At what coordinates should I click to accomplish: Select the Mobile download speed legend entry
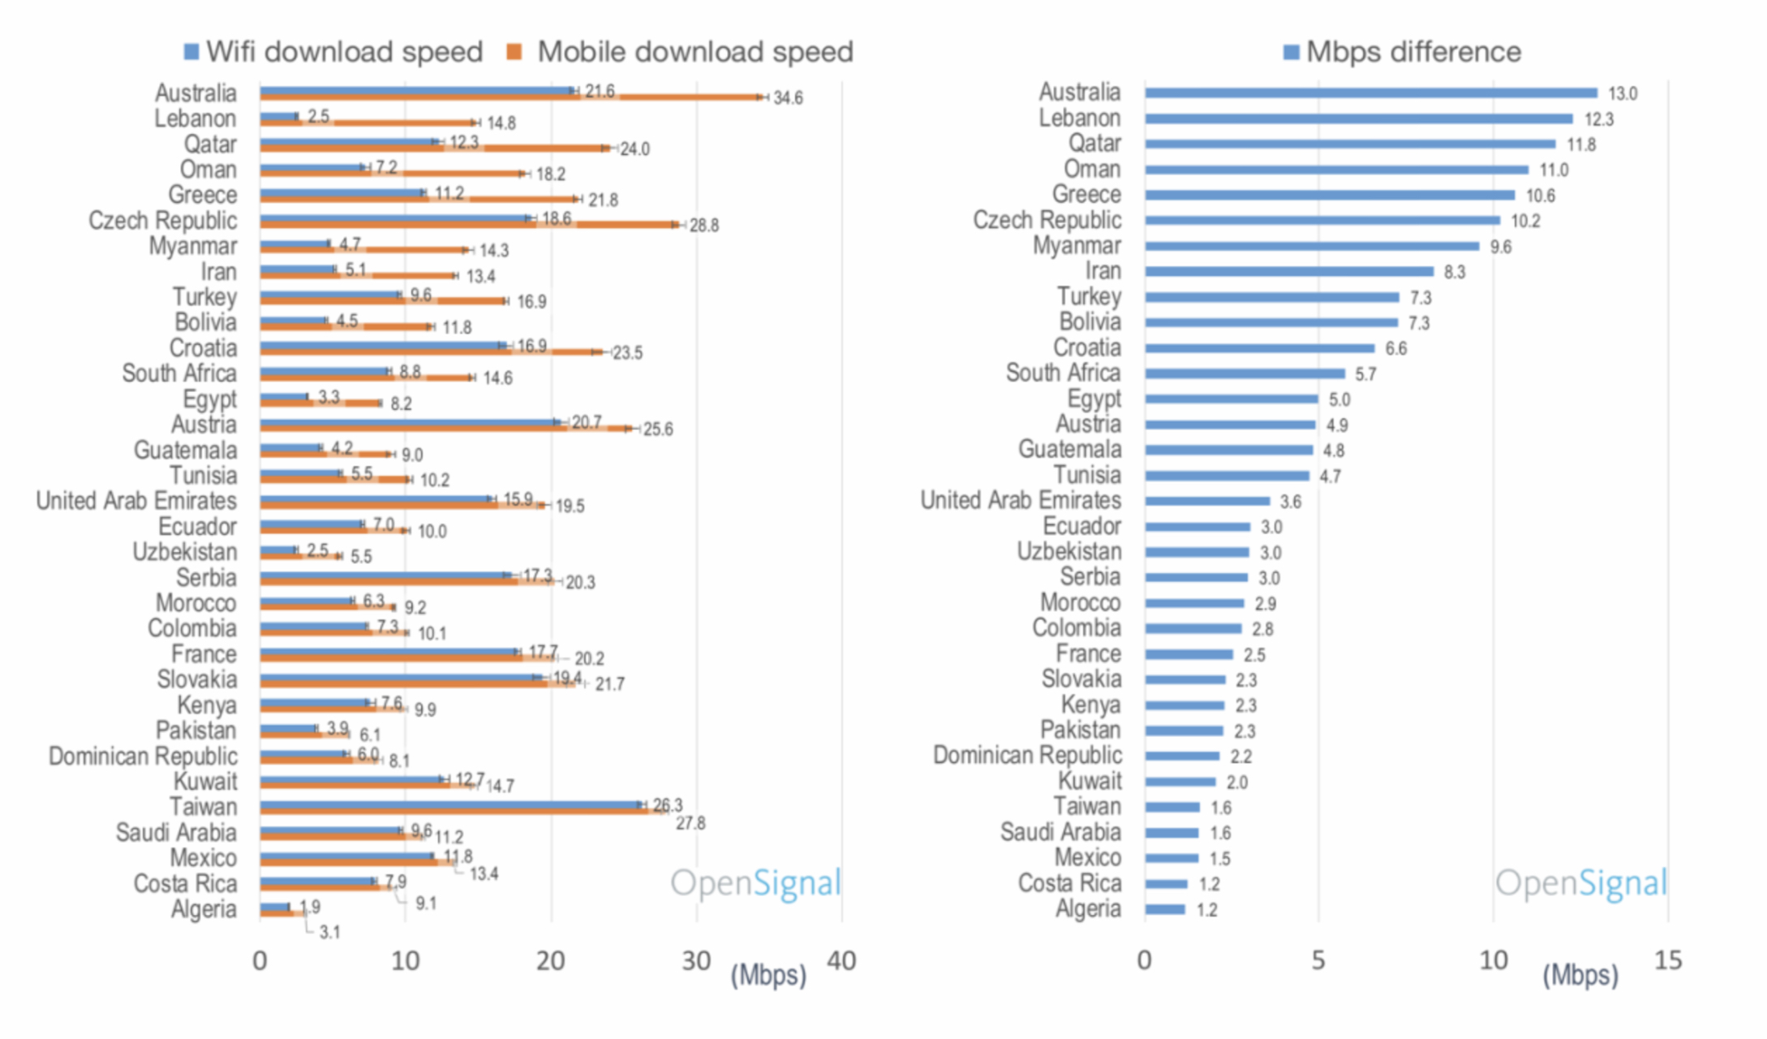681,52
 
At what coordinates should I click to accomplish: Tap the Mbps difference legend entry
1403,52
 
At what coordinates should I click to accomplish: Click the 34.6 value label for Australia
788,98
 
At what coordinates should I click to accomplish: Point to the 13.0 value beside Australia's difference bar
1623,93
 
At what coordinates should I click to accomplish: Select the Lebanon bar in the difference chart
1358,119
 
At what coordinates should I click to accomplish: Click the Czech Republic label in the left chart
163,221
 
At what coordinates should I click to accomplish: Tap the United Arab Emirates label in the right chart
1021,500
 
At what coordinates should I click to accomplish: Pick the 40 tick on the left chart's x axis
841,961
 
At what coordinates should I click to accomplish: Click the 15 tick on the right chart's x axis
1668,960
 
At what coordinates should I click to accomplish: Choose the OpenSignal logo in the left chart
755,882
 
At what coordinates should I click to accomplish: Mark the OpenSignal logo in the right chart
1580,882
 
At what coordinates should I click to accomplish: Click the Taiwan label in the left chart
203,807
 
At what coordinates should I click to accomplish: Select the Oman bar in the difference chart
1336,170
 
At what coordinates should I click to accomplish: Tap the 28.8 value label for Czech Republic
703,226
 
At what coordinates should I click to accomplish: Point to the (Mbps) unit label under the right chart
1580,975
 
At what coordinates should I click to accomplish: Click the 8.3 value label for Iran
1455,272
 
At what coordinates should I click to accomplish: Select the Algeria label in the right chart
1088,909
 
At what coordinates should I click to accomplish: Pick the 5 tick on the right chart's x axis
1318,960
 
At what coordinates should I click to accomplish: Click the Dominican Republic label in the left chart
143,757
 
